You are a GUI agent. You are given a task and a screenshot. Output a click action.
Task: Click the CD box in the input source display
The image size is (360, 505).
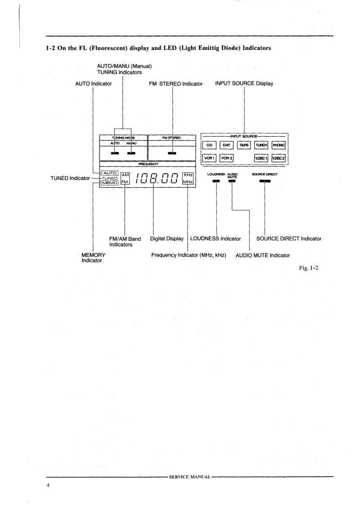(209, 145)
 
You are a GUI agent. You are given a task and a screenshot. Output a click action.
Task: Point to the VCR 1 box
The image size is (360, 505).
(209, 158)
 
